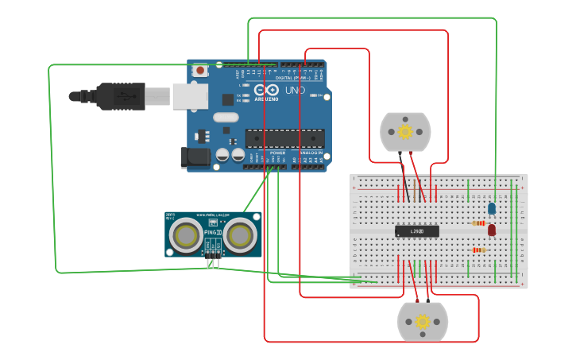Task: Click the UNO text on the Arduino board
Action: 295,91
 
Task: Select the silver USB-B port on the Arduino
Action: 190,95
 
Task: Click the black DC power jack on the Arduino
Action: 195,157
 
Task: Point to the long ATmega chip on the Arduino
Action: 284,138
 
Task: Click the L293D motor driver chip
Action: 417,230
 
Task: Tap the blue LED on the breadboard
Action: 492,208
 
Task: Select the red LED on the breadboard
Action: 492,230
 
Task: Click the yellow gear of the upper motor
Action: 405,131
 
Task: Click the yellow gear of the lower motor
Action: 423,322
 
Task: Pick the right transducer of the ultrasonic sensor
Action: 239,234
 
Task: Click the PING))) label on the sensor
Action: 213,233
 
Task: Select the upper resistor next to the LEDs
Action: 479,223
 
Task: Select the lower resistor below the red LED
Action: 479,250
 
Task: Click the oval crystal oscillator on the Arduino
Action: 225,118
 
